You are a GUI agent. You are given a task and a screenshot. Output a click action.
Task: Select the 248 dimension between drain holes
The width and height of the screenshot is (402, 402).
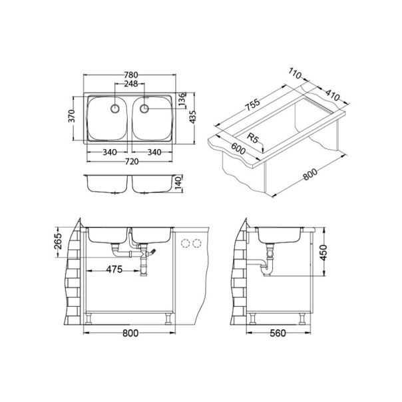pos(130,85)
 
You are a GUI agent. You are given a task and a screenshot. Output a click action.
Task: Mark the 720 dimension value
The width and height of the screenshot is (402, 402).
pos(130,162)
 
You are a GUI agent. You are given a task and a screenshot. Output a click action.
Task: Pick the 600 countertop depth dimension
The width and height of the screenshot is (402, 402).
pos(233,152)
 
